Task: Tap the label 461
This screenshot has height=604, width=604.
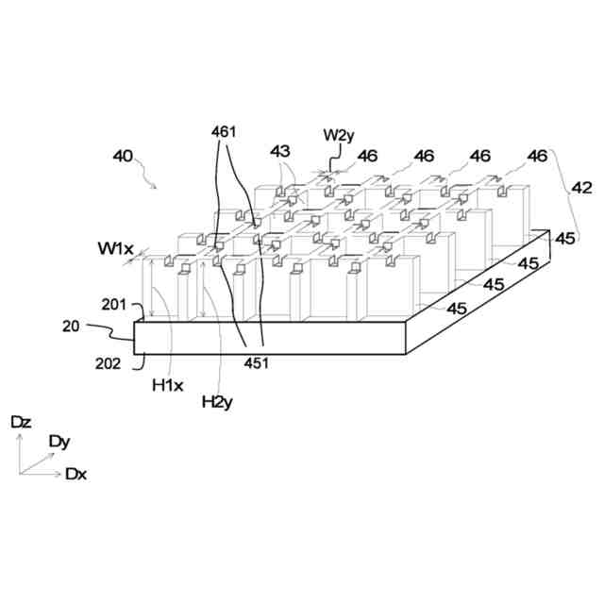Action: [x=224, y=132]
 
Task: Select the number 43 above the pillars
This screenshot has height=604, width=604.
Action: [x=280, y=151]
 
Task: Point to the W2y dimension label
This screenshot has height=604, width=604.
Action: [x=339, y=135]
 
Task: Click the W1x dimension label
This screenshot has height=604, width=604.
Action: [x=115, y=249]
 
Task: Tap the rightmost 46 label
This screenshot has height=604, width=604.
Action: [x=538, y=156]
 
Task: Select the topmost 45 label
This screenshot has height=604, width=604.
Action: [x=564, y=239]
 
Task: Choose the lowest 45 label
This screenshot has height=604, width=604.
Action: [x=457, y=309]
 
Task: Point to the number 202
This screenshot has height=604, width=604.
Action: [x=109, y=363]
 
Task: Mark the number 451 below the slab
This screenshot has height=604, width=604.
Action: [x=257, y=362]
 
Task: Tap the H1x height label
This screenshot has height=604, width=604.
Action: [x=165, y=385]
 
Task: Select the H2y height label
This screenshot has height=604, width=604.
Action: [x=216, y=402]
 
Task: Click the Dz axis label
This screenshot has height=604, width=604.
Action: [x=21, y=422]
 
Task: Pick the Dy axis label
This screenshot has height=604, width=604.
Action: [x=59, y=441]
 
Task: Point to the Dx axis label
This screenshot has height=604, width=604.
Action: [x=76, y=474]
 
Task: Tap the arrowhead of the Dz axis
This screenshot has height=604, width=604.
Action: [x=20, y=437]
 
